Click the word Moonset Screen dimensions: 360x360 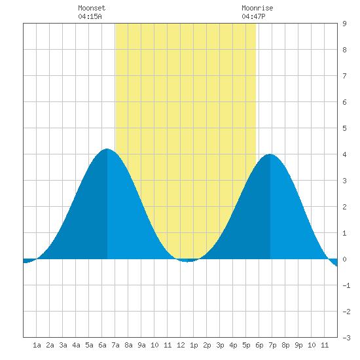pyautogui.click(x=92, y=8)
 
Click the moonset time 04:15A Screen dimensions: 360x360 pyautogui.click(x=90, y=16)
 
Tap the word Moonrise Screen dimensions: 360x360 pyautogui.click(x=257, y=8)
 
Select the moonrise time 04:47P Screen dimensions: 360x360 pyautogui.click(x=253, y=16)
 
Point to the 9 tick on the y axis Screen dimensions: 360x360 pyautogui.click(x=344, y=24)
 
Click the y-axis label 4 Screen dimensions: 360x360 pyautogui.click(x=344, y=154)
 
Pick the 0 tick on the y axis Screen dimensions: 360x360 pyautogui.click(x=344, y=259)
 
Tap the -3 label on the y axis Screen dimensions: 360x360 pyautogui.click(x=346, y=338)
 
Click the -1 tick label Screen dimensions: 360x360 pyautogui.click(x=346, y=285)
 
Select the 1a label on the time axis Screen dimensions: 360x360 pyautogui.click(x=37, y=345)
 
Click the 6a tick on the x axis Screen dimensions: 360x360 pyautogui.click(x=102, y=345)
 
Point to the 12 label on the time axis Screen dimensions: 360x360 pyautogui.click(x=181, y=345)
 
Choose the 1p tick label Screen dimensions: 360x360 pyautogui.click(x=194, y=345)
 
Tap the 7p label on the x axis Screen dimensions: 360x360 pyautogui.click(x=272, y=345)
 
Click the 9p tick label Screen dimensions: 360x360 pyautogui.click(x=298, y=345)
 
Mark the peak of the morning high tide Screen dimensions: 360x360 pyautogui.click(x=107, y=149)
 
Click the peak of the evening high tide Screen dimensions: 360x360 pyautogui.click(x=270, y=154)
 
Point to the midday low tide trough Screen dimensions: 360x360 pyautogui.click(x=188, y=262)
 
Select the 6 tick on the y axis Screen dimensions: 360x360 pyautogui.click(x=344, y=102)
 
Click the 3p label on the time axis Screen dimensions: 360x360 pyautogui.click(x=220, y=345)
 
